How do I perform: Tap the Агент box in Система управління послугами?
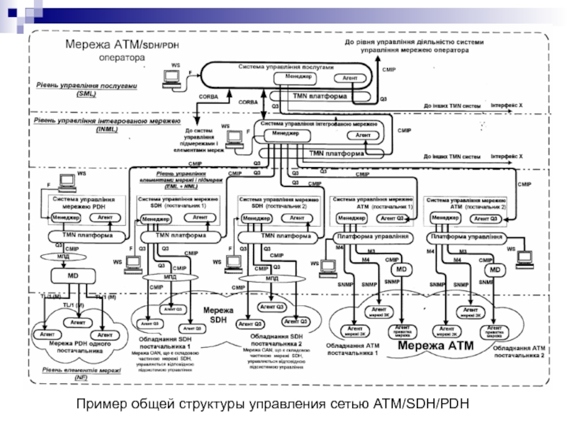pos(349,77)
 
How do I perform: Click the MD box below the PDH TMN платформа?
pos(73,274)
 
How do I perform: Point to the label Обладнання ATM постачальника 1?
pos(352,348)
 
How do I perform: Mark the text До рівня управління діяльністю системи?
pos(415,42)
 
